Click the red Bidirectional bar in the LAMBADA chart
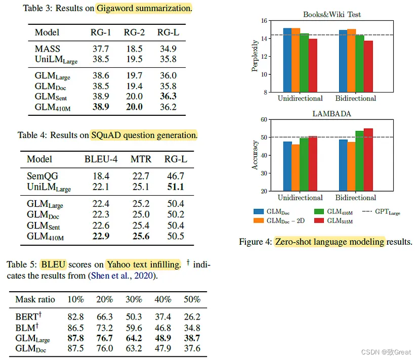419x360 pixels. pyautogui.click(x=368, y=160)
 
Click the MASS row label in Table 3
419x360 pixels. pyautogui.click(x=47, y=49)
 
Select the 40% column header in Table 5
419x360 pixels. pyautogui.click(x=163, y=299)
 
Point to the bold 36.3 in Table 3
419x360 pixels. pyautogui.click(x=167, y=96)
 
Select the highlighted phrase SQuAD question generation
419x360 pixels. pyautogui.click(x=144, y=135)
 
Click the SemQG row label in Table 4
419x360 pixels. pyautogui.click(x=43, y=176)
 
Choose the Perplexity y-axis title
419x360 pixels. pyautogui.click(x=255, y=57)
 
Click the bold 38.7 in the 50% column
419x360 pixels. pyautogui.click(x=192, y=338)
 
